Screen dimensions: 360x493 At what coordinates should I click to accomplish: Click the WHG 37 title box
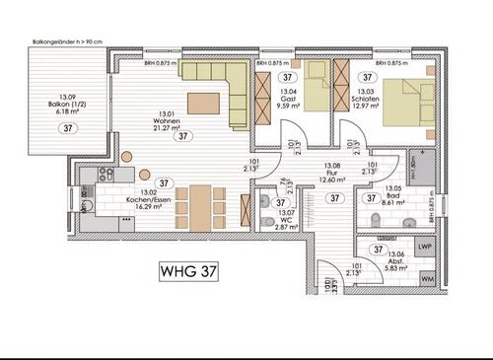pos(189,268)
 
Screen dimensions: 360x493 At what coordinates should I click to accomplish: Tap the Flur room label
pos(331,174)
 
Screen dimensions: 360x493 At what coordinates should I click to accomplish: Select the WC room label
pos(287,220)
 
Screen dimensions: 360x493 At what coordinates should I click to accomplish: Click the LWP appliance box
pos(425,247)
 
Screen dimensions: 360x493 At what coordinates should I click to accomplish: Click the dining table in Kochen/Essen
pos(200,204)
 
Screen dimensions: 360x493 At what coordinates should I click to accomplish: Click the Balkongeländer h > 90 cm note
pos(68,42)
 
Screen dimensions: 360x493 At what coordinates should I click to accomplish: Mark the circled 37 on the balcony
pos(67,127)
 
